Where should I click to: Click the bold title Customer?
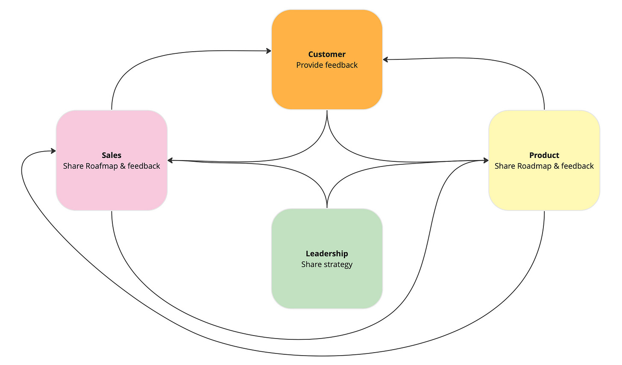pos(327,54)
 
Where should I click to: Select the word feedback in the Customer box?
pos(341,65)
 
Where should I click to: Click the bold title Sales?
pos(111,155)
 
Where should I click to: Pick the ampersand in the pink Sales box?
pos(123,166)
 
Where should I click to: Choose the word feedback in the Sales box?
pos(144,166)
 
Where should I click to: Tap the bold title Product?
pos(544,155)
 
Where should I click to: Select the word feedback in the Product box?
pos(578,166)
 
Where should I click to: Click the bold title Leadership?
pos(327,254)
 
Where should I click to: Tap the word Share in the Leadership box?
pos(311,265)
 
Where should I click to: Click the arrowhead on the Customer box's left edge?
pos(269,51)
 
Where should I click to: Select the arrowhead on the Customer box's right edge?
pos(386,60)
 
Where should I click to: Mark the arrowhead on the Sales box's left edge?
pos(53,151)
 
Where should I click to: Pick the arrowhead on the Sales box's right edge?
pos(170,161)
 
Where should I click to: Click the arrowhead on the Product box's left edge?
pos(486,161)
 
